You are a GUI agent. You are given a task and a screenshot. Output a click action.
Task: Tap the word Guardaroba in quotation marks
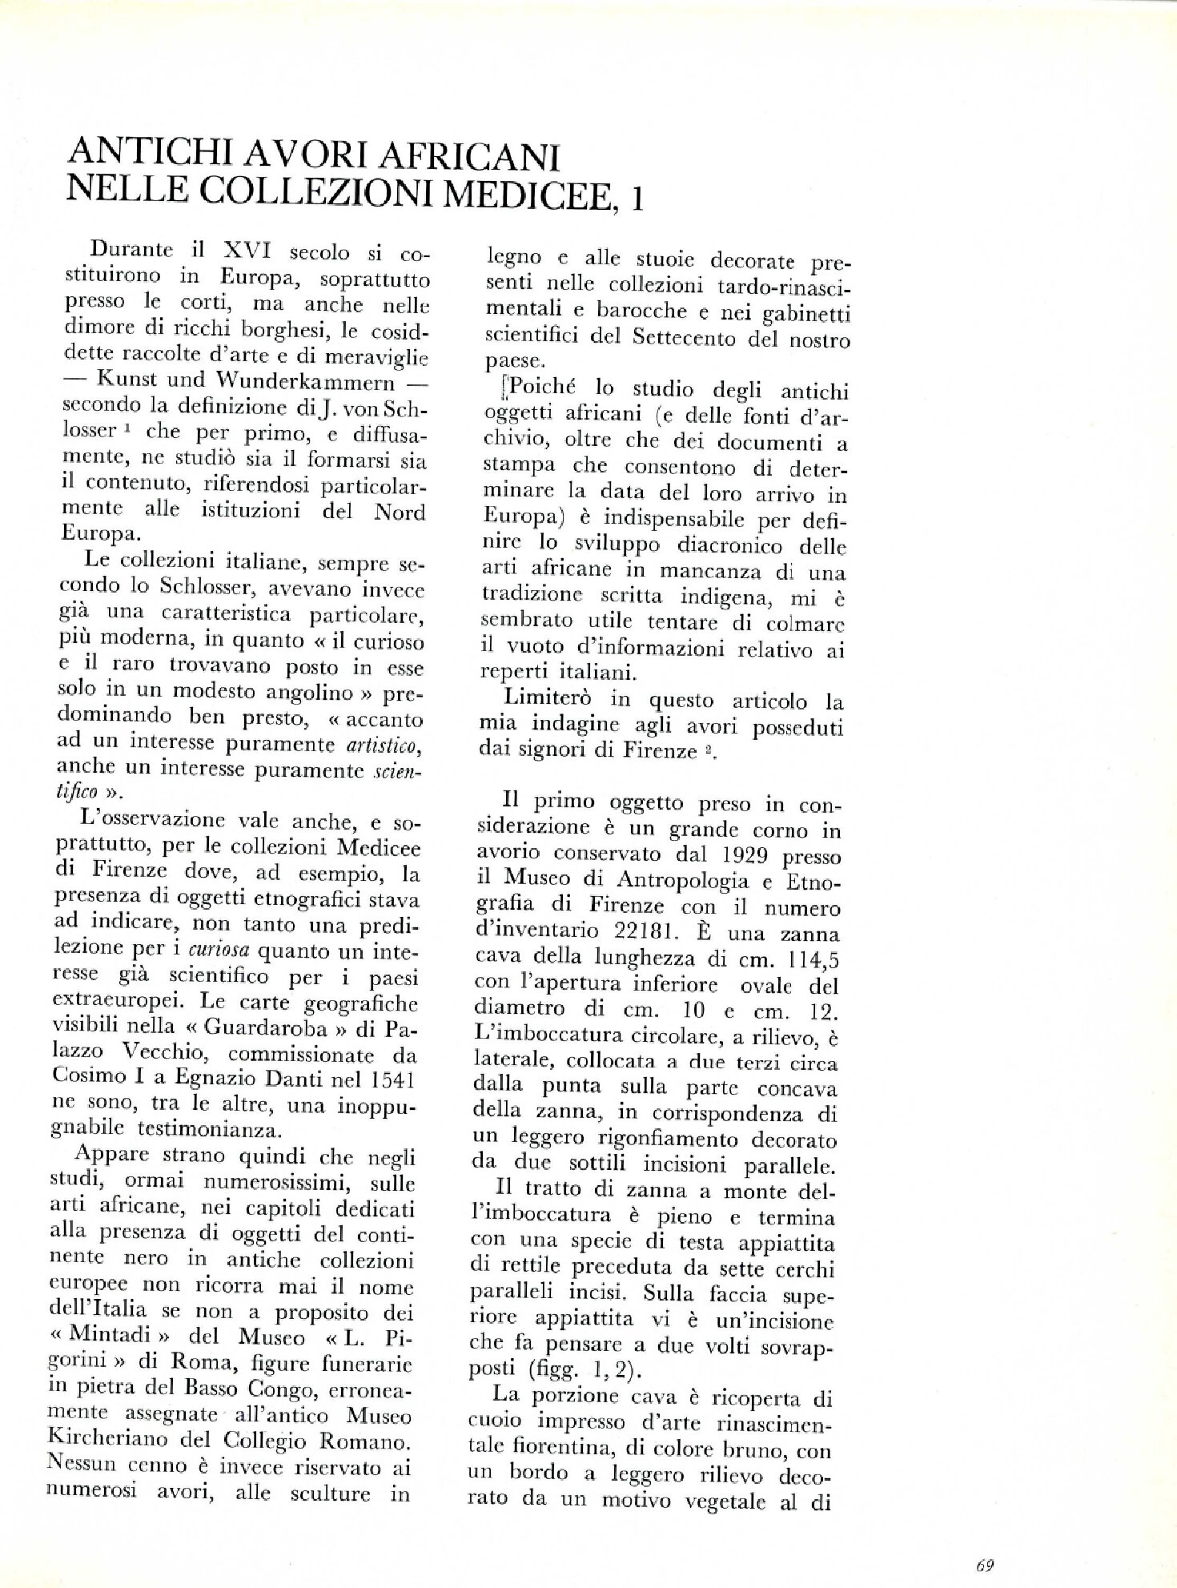265,1028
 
